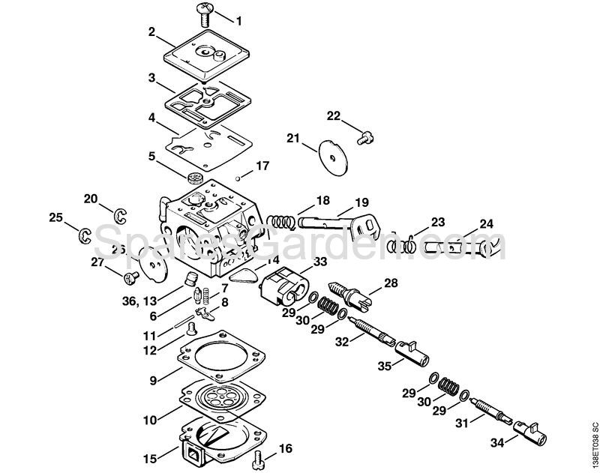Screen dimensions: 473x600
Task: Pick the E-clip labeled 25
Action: pos(85,235)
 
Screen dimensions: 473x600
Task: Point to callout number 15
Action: pos(150,456)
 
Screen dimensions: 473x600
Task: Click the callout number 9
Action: pos(152,381)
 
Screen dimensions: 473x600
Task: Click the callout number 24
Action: pos(487,223)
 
